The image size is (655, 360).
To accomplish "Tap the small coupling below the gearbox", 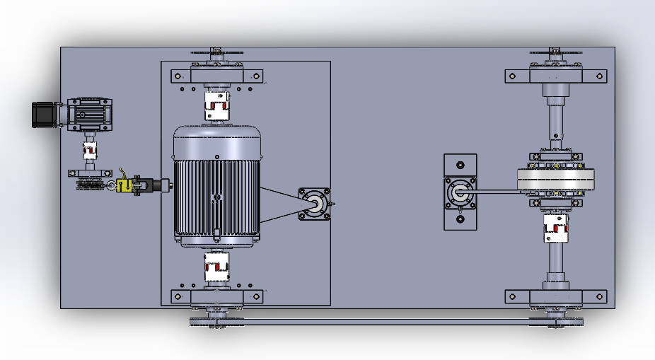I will pos(90,150).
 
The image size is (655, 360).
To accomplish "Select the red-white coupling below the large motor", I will pos(216,267).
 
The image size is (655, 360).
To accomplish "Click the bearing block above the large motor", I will pos(217,76).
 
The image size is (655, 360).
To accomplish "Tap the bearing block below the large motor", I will pos(217,296).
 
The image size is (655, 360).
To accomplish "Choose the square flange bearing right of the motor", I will pos(314,204).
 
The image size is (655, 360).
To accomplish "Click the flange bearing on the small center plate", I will pos(460,192).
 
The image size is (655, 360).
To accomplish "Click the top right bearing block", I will pos(556,75).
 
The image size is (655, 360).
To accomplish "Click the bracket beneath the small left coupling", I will pos(90,173).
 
